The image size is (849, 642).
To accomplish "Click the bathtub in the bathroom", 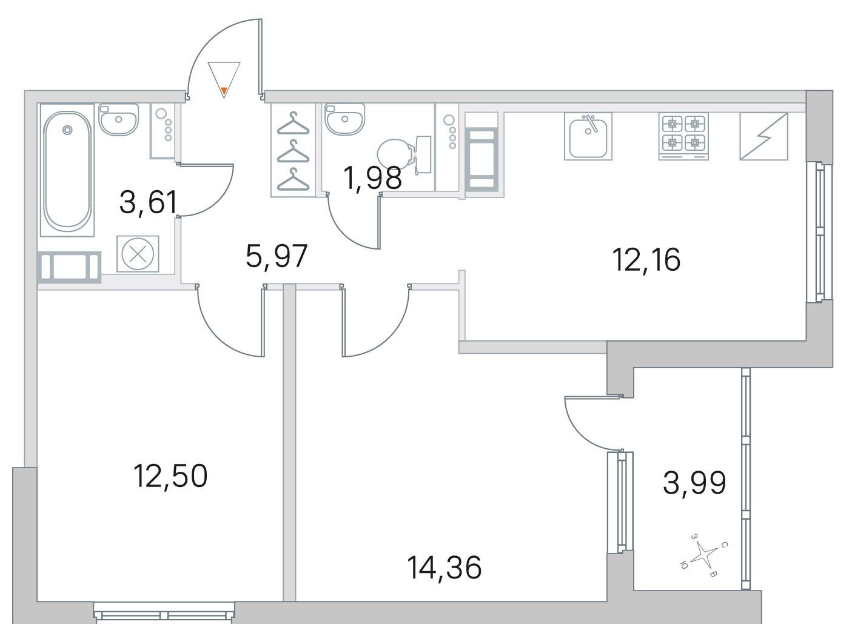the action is pos(67,170).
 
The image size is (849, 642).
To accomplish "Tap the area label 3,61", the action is pos(148,202).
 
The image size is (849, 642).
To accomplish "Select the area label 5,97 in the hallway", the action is pos(277,256).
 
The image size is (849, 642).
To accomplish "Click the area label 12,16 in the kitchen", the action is pos(646,260).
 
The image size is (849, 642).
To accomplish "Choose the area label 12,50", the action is pos(170,476).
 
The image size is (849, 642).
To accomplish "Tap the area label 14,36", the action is pos(445,568).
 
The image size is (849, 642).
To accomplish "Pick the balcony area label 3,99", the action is pos(695,483).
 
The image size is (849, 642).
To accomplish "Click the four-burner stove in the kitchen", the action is pos(683,136).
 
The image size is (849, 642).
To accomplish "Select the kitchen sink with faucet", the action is pos(588,136).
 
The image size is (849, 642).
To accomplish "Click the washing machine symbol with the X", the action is pos(138,254).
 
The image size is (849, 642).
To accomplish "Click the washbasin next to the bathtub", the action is pos(118,119).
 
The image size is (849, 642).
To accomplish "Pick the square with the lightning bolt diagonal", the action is pos(764,136).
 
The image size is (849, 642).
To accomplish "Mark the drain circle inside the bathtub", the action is pos(68,130).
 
